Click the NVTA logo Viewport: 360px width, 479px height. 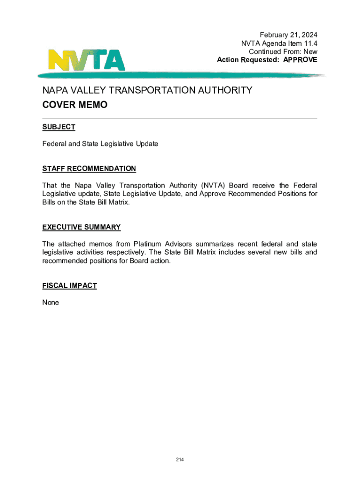coord(87,59)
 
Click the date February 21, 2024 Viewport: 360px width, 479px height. coord(288,35)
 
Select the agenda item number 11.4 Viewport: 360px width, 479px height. coord(309,43)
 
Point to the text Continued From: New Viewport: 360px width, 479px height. coord(283,51)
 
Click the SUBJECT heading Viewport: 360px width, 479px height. coord(58,127)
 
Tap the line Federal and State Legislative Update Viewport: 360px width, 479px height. coord(100,144)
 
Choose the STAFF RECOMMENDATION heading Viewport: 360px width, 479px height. coord(89,168)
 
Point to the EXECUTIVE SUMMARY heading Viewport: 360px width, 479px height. coord(81,227)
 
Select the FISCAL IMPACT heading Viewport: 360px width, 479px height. coord(69,286)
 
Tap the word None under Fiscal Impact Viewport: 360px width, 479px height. coord(50,303)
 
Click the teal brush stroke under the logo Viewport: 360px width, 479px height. coord(180,75)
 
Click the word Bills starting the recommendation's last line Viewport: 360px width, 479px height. coord(50,202)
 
